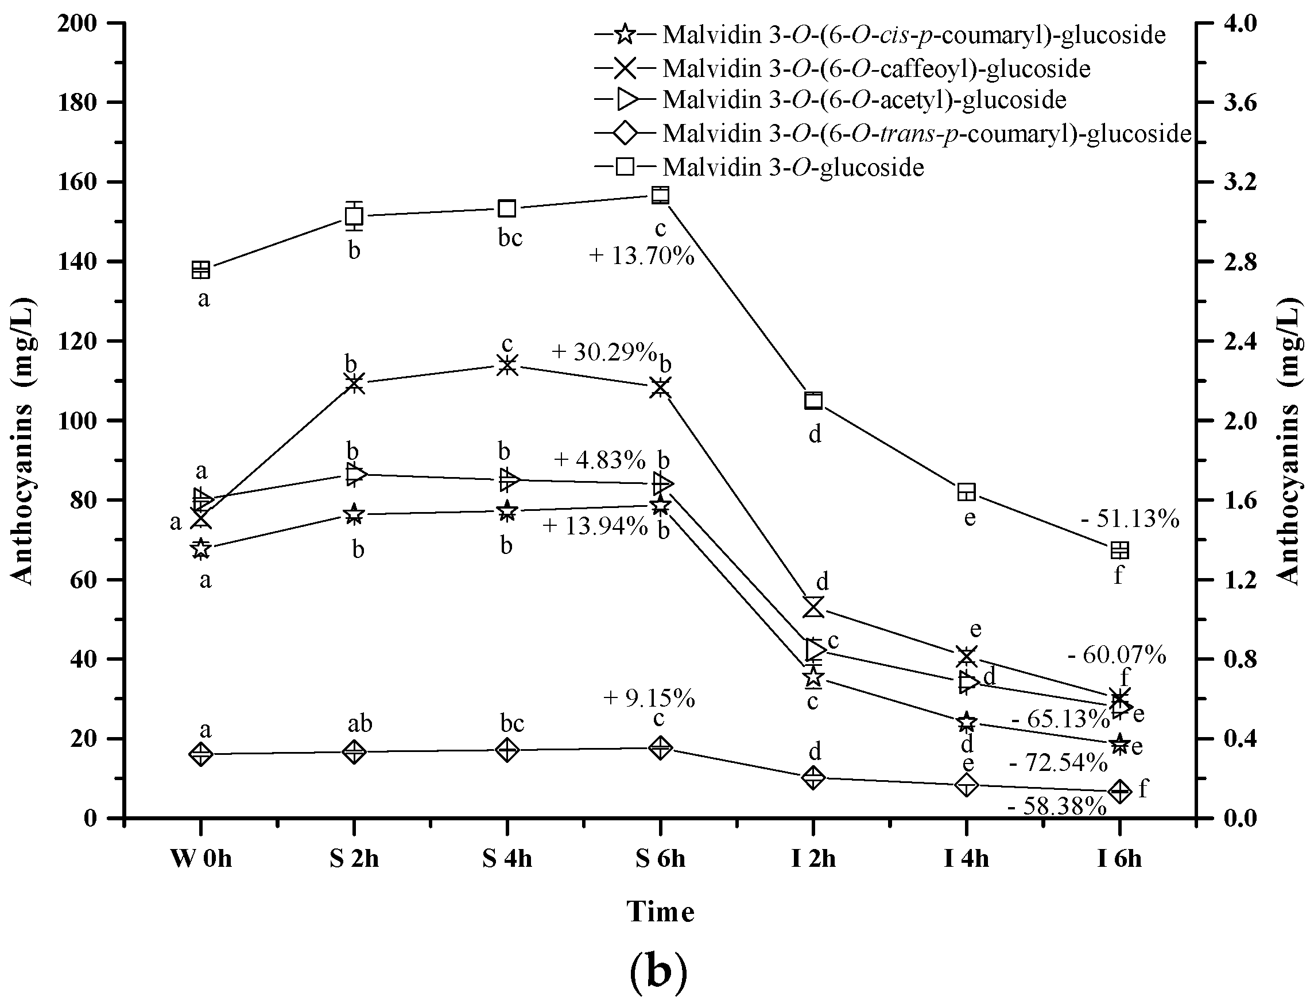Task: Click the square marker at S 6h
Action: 660,195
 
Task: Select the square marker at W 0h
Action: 201,270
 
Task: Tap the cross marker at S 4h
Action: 507,365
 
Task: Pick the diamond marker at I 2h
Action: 813,777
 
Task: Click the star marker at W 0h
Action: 201,548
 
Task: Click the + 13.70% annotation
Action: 642,257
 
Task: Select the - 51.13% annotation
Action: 1130,520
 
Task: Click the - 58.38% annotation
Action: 1056,807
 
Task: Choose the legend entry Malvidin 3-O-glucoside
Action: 793,168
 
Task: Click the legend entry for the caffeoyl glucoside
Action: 876,69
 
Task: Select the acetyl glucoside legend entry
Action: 864,99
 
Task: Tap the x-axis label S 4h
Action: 507,859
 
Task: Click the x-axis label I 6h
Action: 1119,859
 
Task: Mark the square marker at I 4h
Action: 966,493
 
